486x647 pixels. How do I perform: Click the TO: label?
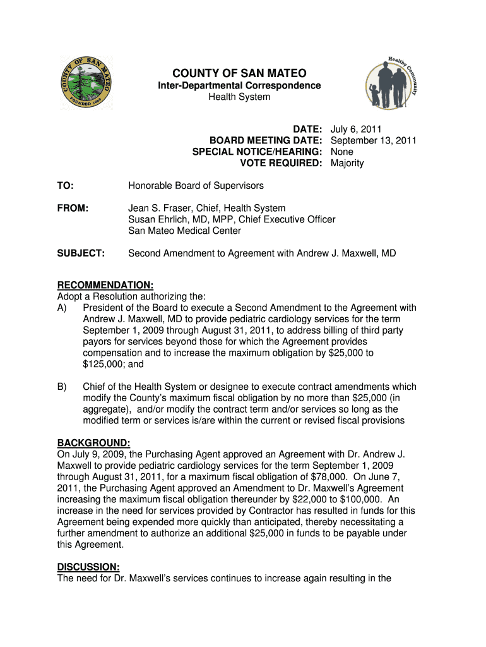pyautogui.click(x=66, y=186)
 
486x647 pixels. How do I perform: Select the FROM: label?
pyautogui.click(x=73, y=209)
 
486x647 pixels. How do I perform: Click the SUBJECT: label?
pyautogui.click(x=81, y=253)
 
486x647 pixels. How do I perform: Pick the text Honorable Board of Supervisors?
pyautogui.click(x=196, y=186)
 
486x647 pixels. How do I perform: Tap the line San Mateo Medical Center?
pyautogui.click(x=184, y=231)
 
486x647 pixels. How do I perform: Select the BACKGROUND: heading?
pyautogui.click(x=94, y=442)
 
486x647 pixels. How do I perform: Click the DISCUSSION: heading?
pyautogui.click(x=88, y=566)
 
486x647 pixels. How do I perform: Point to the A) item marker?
pyautogui.click(x=62, y=308)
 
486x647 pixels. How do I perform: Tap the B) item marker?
pyautogui.click(x=62, y=387)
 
